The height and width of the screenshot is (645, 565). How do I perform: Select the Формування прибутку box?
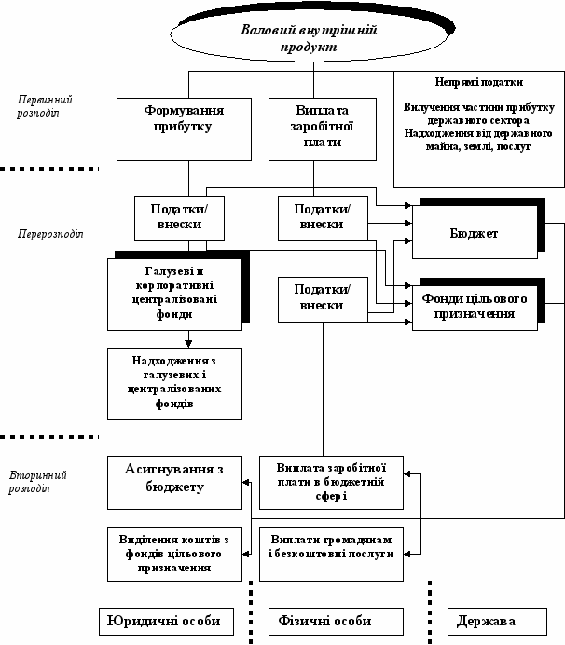click(184, 130)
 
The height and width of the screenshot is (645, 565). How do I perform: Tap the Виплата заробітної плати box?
click(323, 130)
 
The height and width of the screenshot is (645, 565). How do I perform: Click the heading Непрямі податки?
click(479, 82)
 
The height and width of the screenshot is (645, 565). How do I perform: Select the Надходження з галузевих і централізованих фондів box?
click(174, 384)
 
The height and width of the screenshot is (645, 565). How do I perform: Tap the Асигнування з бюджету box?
click(174, 483)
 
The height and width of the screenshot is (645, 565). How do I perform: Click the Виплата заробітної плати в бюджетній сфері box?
click(331, 483)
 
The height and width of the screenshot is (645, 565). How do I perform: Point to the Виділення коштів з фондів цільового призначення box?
click(174, 554)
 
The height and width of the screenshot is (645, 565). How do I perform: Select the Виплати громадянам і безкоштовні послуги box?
click(331, 554)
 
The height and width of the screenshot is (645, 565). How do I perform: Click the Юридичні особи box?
click(166, 621)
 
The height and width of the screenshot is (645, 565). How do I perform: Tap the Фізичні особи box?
click(336, 621)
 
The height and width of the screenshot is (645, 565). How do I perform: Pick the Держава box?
click(497, 621)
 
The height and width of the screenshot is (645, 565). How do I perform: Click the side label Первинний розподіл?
click(45, 106)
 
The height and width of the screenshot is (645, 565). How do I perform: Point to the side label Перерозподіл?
click(50, 234)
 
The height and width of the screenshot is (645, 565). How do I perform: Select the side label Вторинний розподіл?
click(37, 482)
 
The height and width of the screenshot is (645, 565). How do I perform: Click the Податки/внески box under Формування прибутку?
click(179, 218)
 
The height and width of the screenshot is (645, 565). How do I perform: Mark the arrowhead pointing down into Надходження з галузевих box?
click(188, 344)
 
